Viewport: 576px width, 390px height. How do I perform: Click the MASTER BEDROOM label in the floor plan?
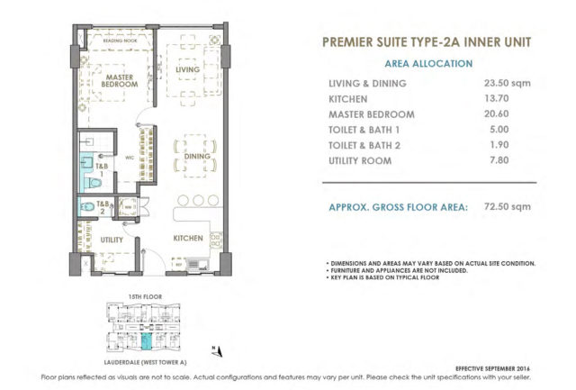119,83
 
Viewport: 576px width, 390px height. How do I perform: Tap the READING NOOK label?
119,42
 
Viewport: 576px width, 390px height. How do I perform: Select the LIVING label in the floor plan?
186,68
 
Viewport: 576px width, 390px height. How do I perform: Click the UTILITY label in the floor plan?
112,240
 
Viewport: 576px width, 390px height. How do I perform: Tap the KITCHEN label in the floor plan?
187,240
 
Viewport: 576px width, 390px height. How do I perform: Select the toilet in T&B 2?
86,209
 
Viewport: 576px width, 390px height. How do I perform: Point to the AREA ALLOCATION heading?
429,64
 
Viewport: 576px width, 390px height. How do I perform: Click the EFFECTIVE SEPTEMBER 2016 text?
496,365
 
